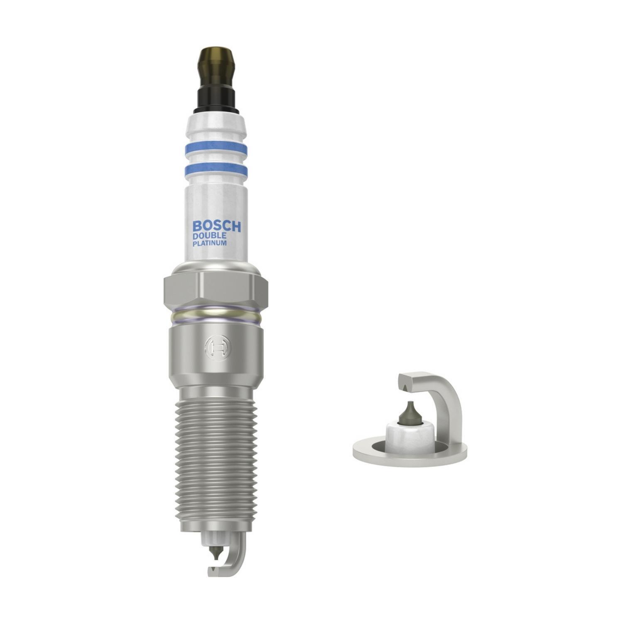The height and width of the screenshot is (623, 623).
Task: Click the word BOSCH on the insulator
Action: pos(216,226)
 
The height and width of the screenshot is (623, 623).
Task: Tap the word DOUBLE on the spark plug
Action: pos(209,236)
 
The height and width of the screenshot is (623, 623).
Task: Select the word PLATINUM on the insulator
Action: pos(209,243)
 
